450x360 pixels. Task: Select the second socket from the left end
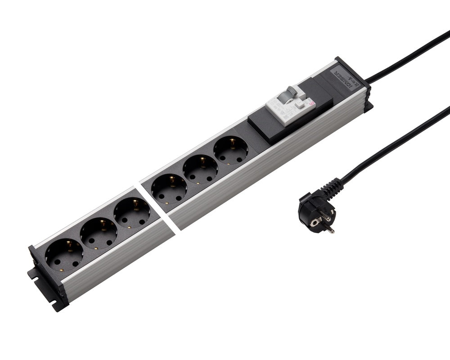(x=99, y=233)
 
